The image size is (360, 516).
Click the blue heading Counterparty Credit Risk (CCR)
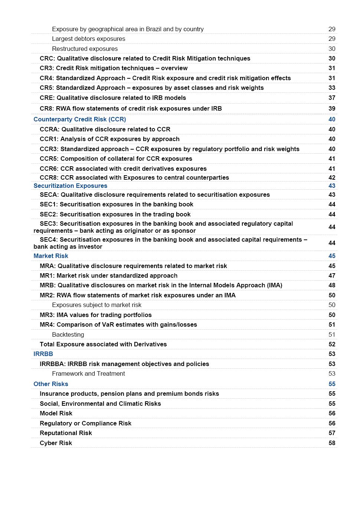tap(79, 119)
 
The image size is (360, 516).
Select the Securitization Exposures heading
tap(70, 186)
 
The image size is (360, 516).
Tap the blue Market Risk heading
tap(51, 256)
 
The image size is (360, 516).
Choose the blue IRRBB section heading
tap(43, 354)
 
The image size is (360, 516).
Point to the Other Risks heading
tap(51, 384)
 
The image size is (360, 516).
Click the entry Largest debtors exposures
tap(88, 39)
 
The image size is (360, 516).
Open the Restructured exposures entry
tap(85, 49)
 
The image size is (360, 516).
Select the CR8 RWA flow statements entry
tap(131, 108)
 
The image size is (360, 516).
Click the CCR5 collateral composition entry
tap(116, 159)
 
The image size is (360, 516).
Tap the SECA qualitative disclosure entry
tap(155, 195)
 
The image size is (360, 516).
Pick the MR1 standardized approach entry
tap(108, 275)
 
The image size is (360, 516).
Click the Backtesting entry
tap(68, 334)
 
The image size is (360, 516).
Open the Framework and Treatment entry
tap(88, 373)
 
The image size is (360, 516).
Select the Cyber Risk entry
tap(56, 443)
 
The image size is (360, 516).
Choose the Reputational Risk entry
tap(66, 433)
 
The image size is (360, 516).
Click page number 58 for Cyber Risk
tap(332, 443)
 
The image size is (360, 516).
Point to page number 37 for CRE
tap(332, 98)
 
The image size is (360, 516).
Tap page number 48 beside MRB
tap(332, 285)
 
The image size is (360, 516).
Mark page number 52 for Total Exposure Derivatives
tap(332, 344)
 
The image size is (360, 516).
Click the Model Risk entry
tap(56, 413)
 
